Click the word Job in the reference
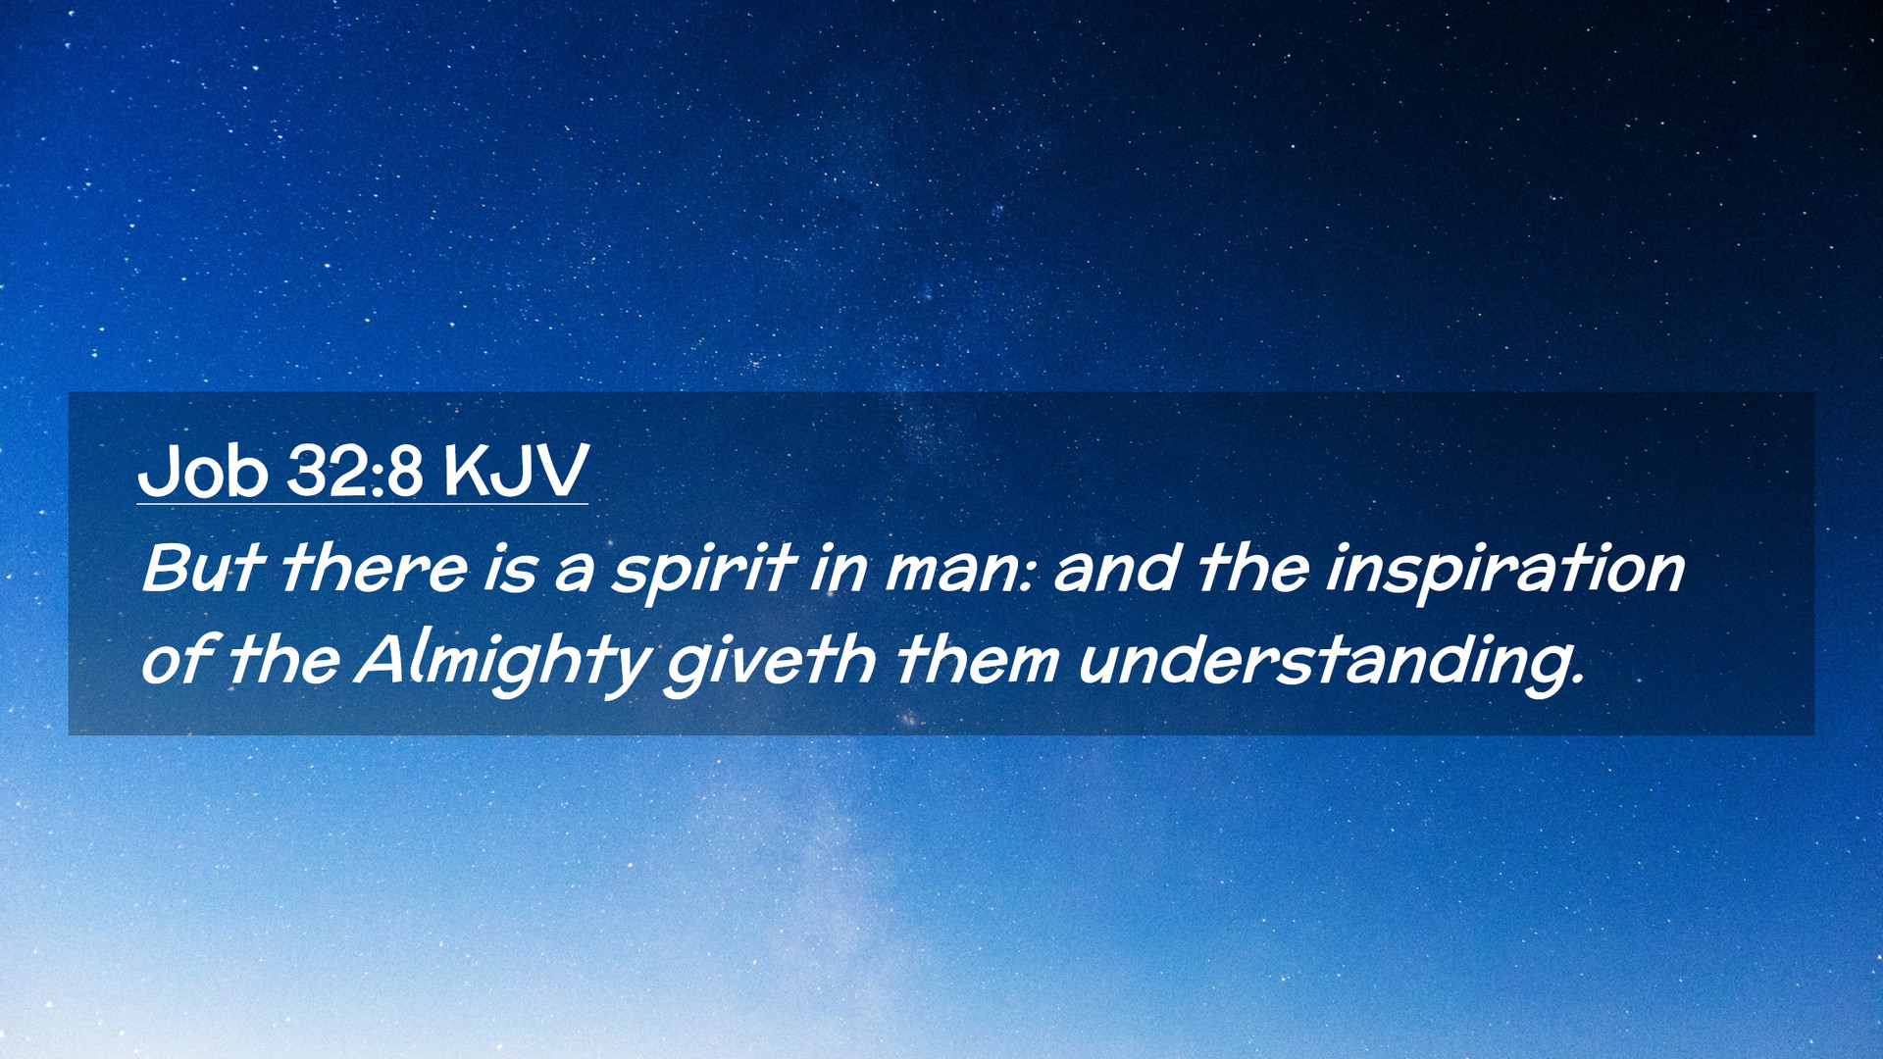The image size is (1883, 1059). [203, 471]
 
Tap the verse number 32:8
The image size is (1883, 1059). [355, 471]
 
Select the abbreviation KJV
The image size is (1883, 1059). [516, 471]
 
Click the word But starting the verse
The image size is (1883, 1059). [202, 568]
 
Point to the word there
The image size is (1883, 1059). [375, 568]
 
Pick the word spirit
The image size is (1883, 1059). [702, 570]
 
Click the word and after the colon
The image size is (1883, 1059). [1116, 568]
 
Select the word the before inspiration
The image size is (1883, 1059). [1252, 568]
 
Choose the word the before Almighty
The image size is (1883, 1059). [284, 660]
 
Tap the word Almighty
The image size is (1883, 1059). [503, 663]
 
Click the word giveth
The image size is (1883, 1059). [770, 663]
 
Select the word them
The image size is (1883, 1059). [977, 660]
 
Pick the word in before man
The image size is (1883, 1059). [839, 570]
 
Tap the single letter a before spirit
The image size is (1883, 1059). [575, 575]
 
